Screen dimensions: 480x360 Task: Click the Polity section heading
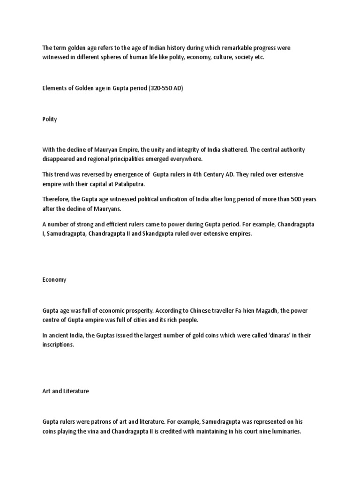tap(49, 119)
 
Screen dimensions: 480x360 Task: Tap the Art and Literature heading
tap(65, 391)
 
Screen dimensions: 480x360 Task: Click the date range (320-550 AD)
tap(165, 88)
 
